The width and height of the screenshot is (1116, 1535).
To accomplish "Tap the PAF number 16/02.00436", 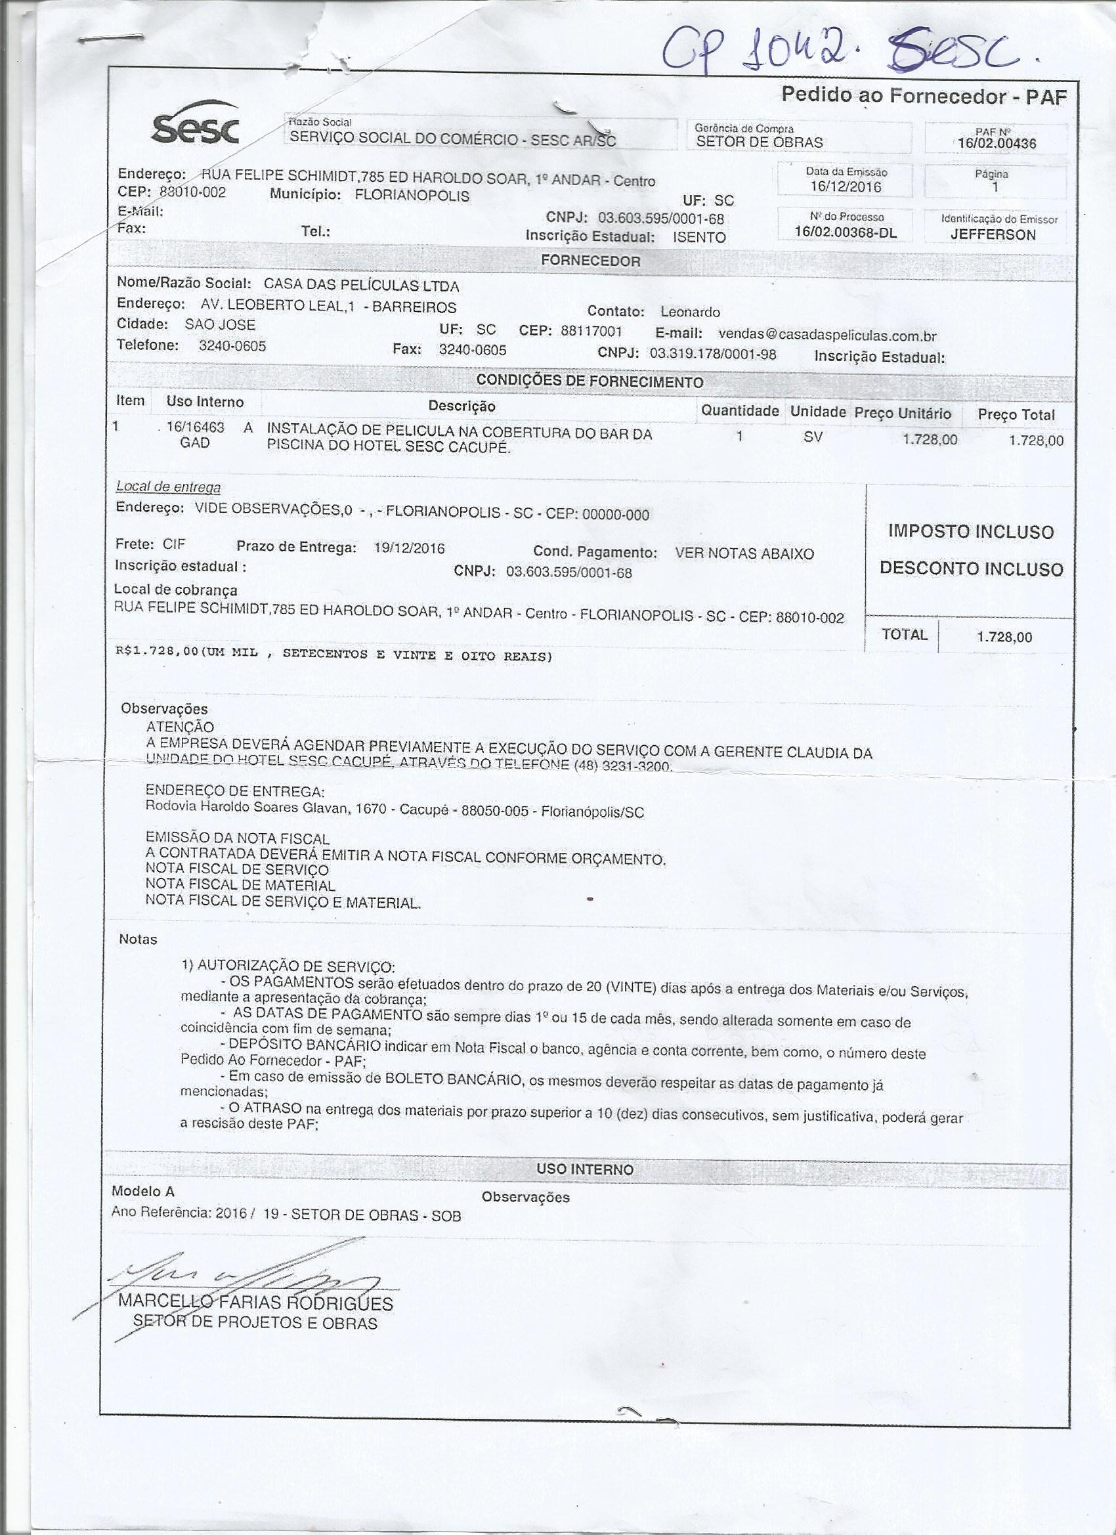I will click(x=997, y=143).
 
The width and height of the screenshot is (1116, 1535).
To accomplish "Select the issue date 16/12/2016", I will click(x=846, y=187).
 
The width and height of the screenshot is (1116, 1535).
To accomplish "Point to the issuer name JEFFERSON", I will click(x=993, y=235).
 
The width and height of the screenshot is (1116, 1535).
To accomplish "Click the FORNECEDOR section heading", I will click(x=590, y=261).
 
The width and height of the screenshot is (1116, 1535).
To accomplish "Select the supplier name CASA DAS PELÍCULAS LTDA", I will click(x=362, y=286).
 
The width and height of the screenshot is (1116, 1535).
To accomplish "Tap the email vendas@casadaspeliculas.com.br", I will click(x=826, y=335).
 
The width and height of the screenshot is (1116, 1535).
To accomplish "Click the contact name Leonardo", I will click(x=691, y=312).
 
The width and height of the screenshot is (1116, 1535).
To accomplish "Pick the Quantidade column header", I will click(x=740, y=411).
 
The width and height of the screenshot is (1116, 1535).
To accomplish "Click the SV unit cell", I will click(x=813, y=437).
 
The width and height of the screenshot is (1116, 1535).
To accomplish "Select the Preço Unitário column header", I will click(x=902, y=414).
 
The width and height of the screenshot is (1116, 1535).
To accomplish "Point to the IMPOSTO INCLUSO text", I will click(x=970, y=532).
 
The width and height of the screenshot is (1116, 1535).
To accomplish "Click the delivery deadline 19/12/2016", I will click(x=409, y=548).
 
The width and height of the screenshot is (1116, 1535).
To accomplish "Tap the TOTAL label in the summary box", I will click(x=904, y=634).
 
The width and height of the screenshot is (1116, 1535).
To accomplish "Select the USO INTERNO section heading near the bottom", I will click(x=585, y=1169).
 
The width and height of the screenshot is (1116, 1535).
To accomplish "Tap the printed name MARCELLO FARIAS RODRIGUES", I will click(x=256, y=1303).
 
